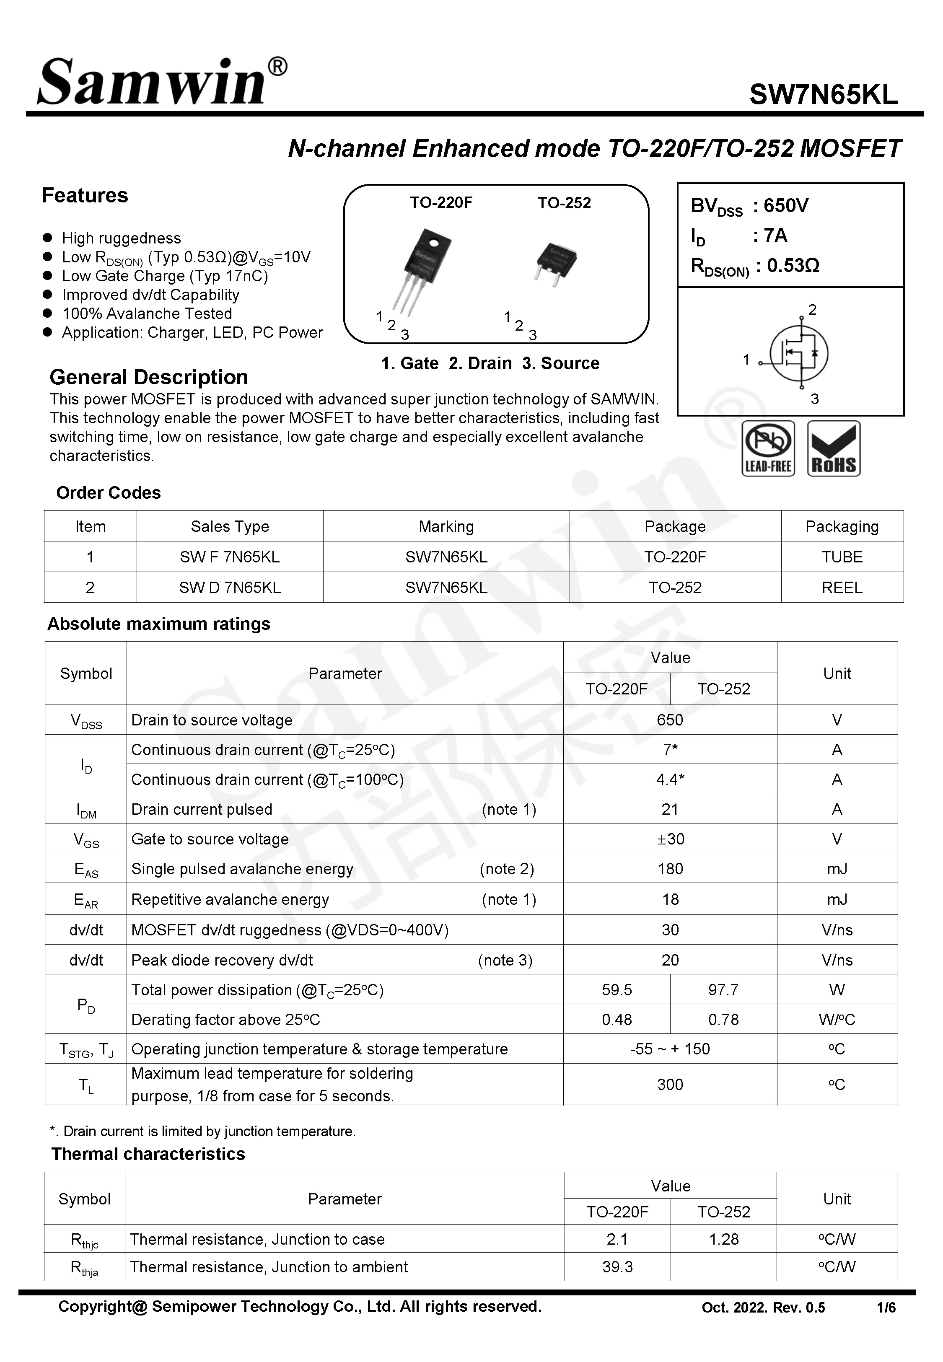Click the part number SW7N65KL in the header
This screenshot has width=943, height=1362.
(x=823, y=94)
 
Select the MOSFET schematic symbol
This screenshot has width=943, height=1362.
(x=798, y=353)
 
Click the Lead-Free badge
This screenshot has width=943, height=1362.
(x=767, y=448)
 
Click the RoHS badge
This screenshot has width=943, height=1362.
(x=834, y=448)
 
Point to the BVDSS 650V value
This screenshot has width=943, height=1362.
(x=785, y=205)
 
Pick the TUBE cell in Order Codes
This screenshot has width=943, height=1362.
(x=842, y=557)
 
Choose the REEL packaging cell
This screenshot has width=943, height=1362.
(x=842, y=588)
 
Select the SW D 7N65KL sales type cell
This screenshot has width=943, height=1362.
(x=230, y=588)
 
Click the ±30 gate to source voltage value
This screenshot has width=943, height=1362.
(x=670, y=839)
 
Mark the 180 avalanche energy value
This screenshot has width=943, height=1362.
(x=670, y=869)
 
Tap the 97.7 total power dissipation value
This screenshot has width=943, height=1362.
(x=723, y=990)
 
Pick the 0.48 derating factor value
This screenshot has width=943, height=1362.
(x=617, y=1020)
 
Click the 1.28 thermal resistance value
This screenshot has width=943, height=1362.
(x=723, y=1239)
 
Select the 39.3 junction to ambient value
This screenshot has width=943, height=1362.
(x=617, y=1267)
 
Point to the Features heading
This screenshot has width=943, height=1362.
(x=85, y=196)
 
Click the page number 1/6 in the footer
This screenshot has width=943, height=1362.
(x=886, y=1308)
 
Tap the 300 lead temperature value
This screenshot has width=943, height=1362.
(x=670, y=1085)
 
